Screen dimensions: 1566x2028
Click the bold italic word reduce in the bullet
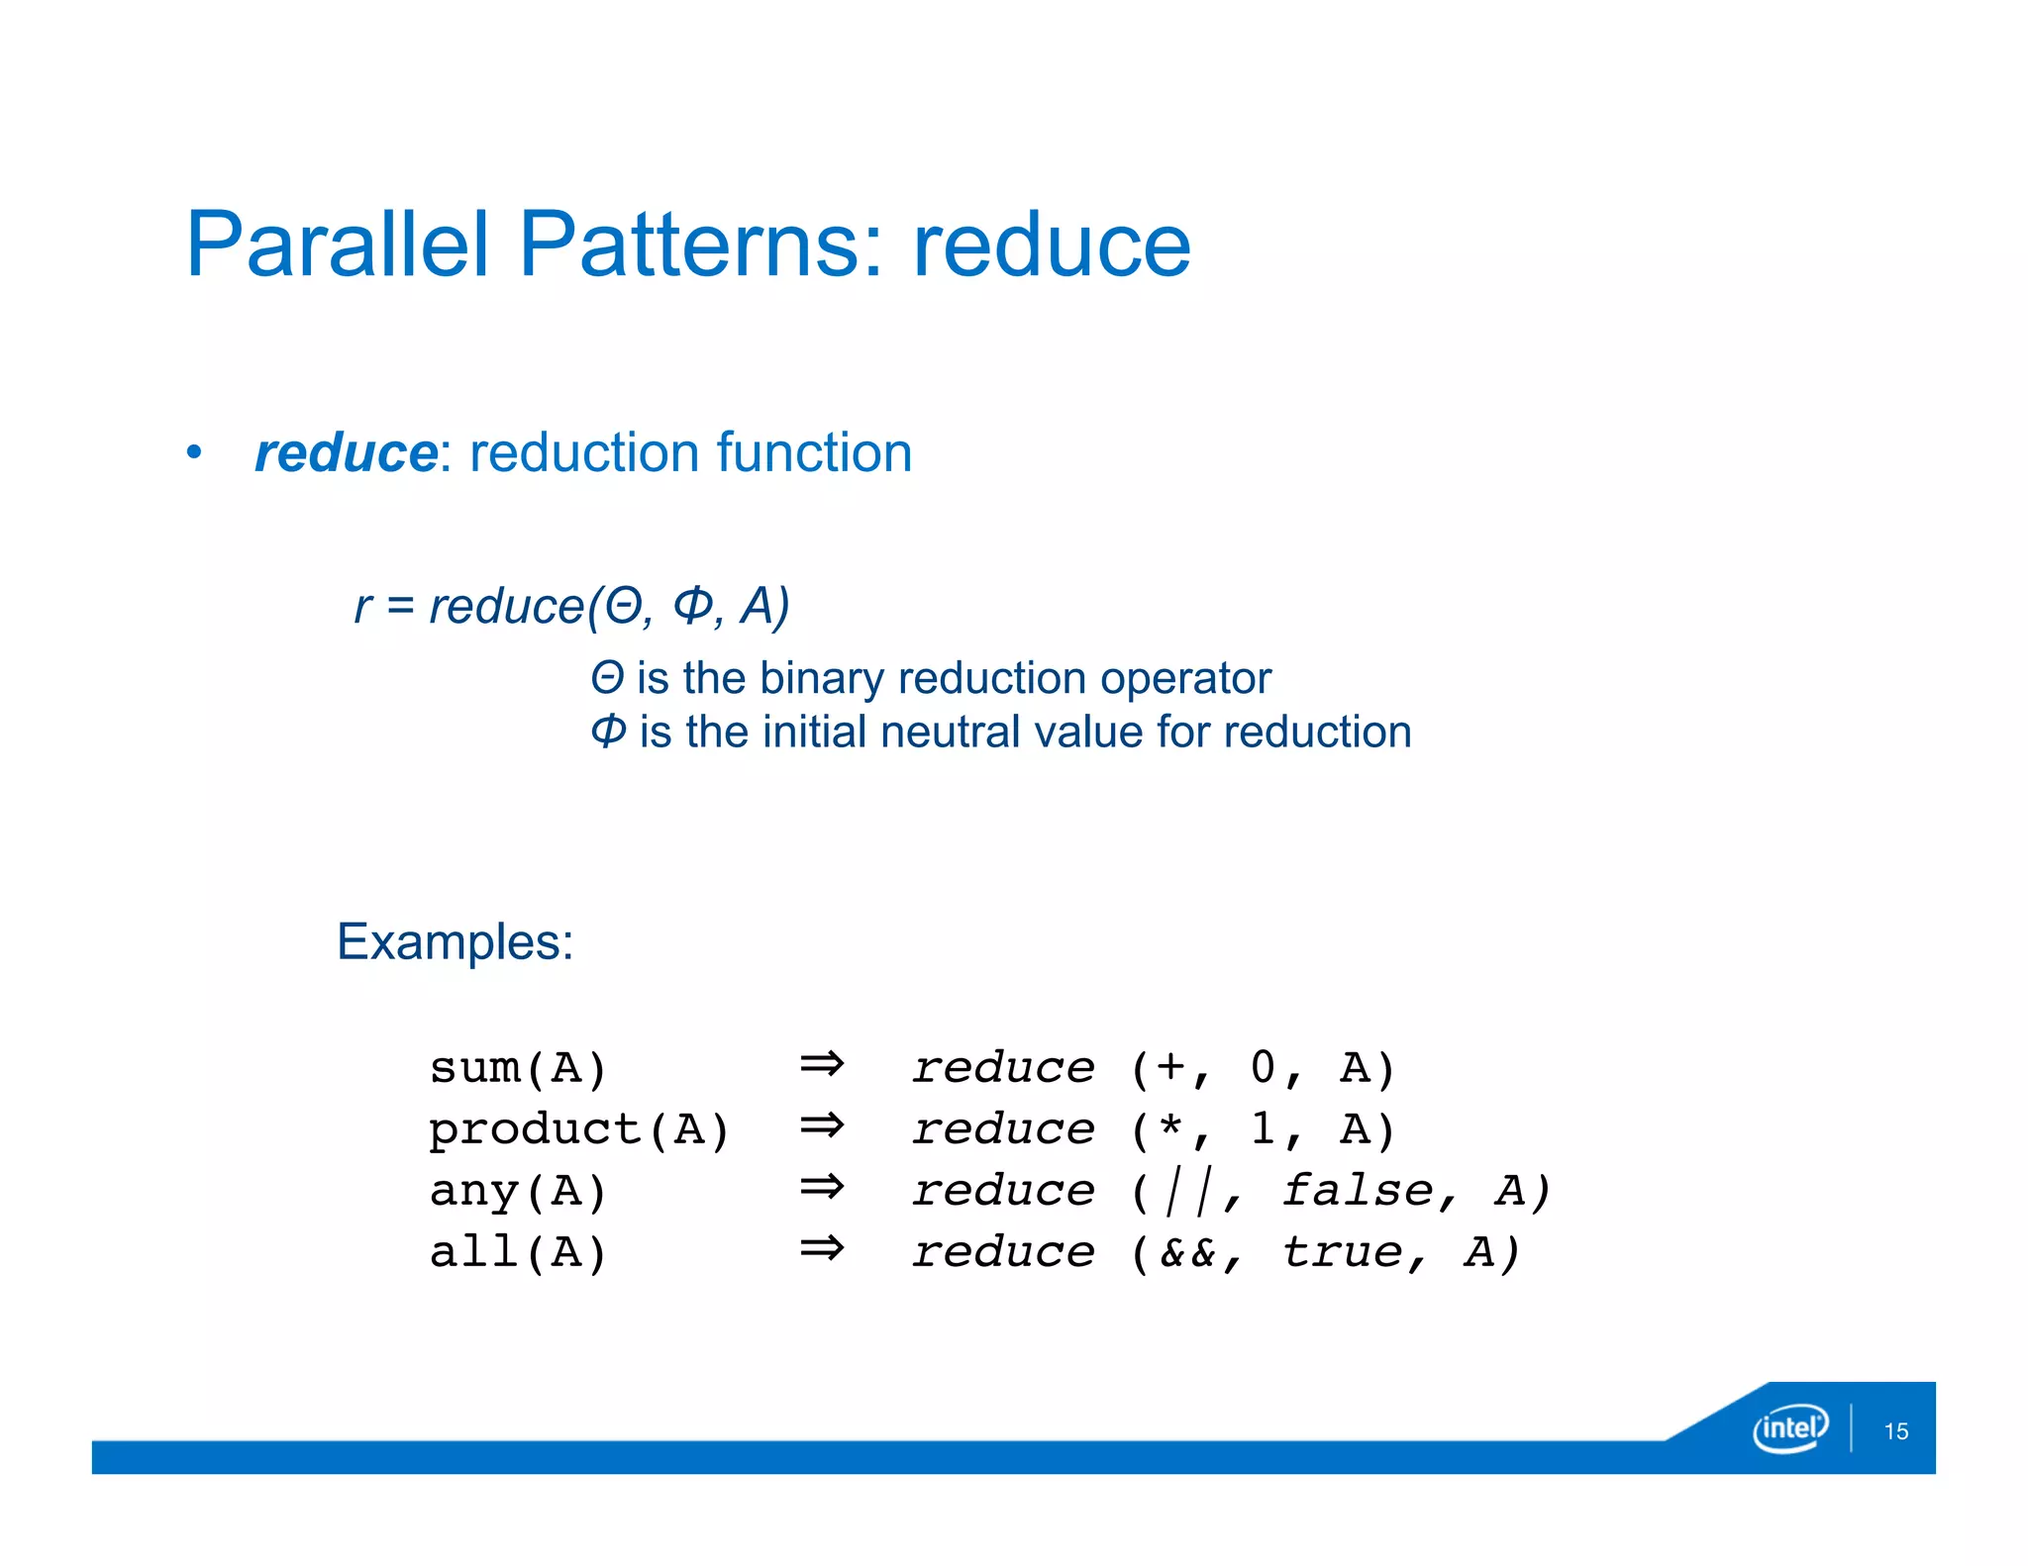(x=346, y=453)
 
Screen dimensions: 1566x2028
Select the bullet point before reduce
(x=195, y=453)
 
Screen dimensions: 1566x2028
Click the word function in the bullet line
(x=813, y=453)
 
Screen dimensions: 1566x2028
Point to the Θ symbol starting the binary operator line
(x=607, y=679)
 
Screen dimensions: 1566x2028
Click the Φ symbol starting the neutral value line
(x=608, y=733)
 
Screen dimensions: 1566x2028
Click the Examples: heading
(x=455, y=941)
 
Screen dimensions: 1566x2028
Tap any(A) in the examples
(x=518, y=1192)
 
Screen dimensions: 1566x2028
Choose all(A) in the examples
(x=518, y=1253)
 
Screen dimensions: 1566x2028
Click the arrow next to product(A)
(x=822, y=1126)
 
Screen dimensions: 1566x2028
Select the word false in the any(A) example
(x=1358, y=1191)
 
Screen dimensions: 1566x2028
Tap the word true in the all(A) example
(x=1343, y=1253)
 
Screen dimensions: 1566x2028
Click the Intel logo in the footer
(x=1790, y=1428)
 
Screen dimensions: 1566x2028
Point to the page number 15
(x=1895, y=1431)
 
